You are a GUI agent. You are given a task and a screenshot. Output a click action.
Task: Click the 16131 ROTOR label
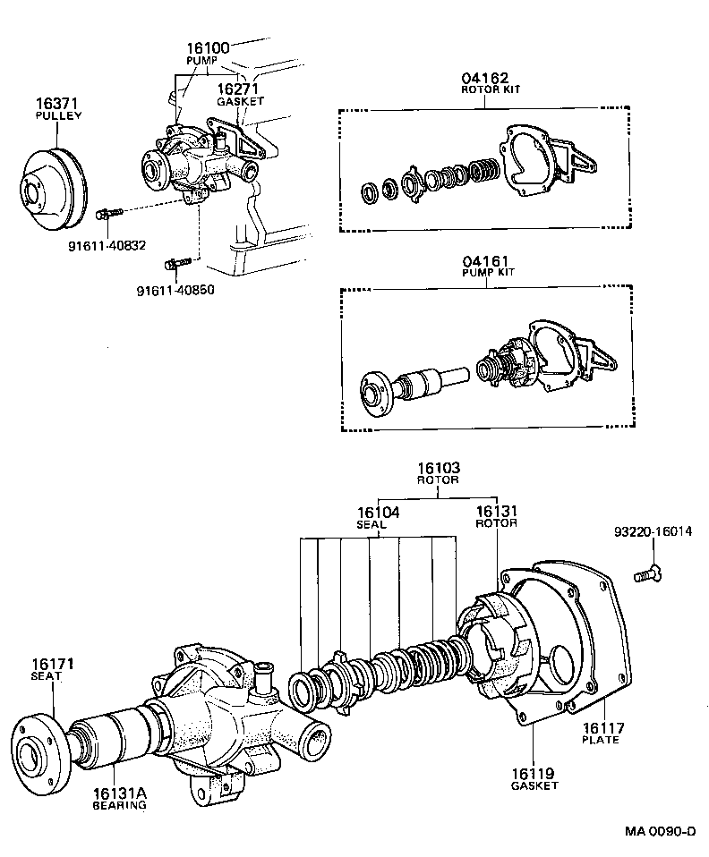[x=496, y=516]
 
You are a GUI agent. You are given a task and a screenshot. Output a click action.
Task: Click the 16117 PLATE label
[x=601, y=734]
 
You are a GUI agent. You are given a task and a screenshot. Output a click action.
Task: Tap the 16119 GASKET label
[x=534, y=778]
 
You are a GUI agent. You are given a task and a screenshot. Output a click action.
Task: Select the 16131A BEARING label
[x=119, y=798]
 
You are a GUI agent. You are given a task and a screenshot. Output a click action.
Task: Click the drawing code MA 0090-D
[x=660, y=832]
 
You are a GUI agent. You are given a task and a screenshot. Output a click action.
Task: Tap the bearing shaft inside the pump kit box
[x=430, y=384]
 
